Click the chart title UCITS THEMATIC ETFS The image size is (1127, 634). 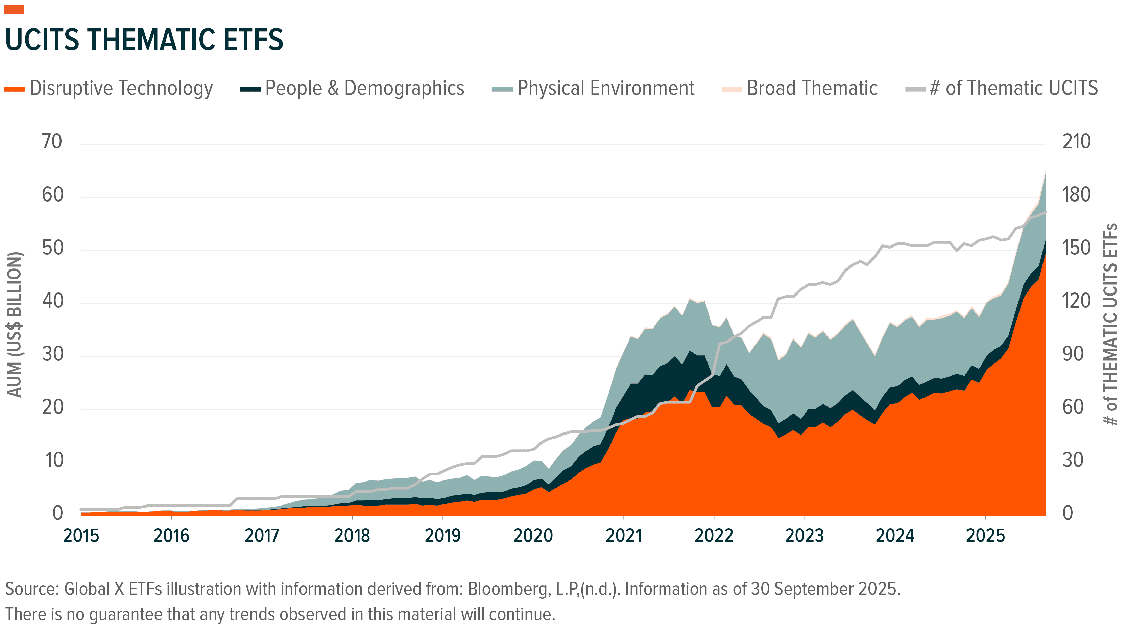click(144, 40)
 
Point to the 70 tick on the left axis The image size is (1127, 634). click(52, 142)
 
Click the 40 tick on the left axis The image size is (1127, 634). click(52, 301)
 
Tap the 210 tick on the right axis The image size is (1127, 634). click(1076, 142)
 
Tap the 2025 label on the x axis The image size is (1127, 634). click(985, 536)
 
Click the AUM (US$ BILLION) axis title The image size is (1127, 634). click(15, 324)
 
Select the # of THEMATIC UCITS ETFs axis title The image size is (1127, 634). click(1110, 324)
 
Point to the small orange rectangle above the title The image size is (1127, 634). click(14, 9)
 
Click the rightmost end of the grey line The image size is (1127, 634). click(1045, 212)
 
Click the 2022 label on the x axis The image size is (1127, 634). click(714, 536)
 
